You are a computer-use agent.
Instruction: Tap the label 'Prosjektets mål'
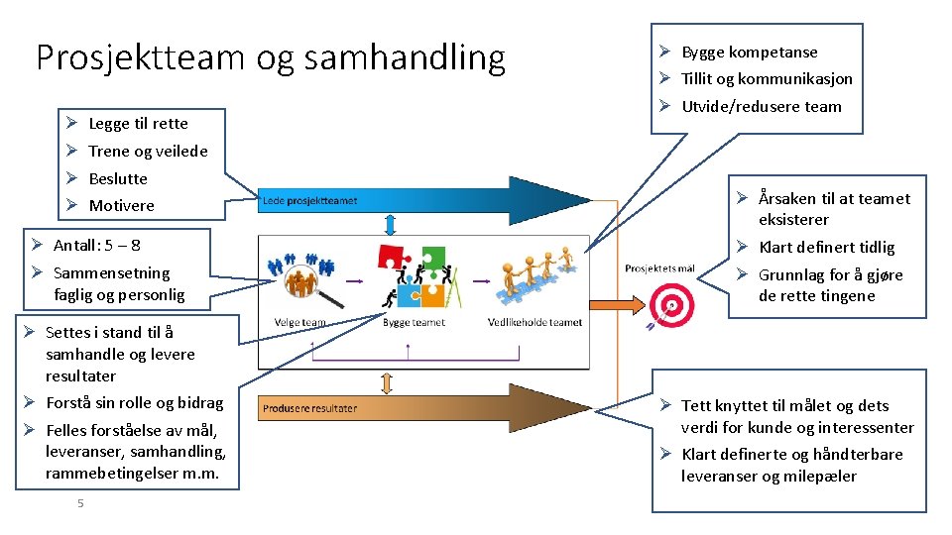point(659,268)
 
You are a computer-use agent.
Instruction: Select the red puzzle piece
point(394,254)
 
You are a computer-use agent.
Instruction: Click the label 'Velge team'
point(299,323)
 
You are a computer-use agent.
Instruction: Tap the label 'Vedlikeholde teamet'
point(535,323)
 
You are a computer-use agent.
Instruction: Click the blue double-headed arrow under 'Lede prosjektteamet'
point(391,223)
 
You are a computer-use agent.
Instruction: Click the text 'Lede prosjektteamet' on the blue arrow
point(310,201)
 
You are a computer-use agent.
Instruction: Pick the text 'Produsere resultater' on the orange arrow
point(310,408)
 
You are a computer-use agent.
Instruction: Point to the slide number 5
point(80,504)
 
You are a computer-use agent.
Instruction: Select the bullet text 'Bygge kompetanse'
point(750,52)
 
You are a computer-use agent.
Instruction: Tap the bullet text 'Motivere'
point(122,206)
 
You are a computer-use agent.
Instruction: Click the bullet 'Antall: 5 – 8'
point(97,245)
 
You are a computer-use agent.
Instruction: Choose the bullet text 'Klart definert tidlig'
point(826,248)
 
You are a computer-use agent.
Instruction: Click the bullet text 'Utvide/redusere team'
point(761,107)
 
